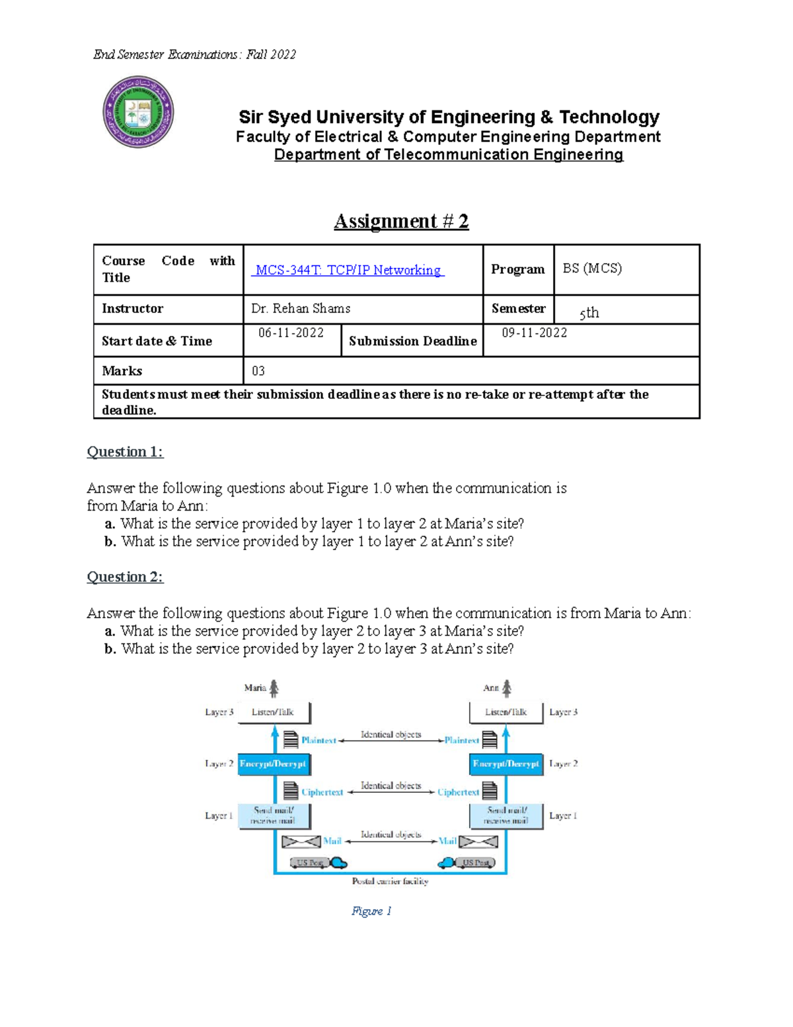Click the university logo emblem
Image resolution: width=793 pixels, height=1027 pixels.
click(x=138, y=112)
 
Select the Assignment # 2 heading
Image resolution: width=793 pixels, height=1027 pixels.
click(x=401, y=221)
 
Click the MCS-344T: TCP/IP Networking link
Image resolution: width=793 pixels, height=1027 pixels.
click(x=348, y=270)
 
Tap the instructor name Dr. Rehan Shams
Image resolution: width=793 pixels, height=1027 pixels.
click(x=301, y=308)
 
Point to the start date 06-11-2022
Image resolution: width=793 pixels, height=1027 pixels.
click(x=291, y=333)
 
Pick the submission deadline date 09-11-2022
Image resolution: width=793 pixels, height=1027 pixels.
click(x=534, y=333)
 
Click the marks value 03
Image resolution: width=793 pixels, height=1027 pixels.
click(x=258, y=371)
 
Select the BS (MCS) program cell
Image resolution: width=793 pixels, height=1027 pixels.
click(x=592, y=268)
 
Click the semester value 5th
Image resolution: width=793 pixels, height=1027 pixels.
click(x=589, y=313)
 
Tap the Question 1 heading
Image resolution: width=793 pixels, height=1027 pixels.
click(x=125, y=452)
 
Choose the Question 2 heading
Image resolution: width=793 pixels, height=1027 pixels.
click(x=125, y=577)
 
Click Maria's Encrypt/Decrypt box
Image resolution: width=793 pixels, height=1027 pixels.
click(x=273, y=764)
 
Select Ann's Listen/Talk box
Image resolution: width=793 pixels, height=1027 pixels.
click(x=506, y=712)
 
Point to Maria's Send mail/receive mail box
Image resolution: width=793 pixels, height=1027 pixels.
click(x=273, y=815)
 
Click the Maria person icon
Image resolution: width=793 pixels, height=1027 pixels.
click(x=274, y=688)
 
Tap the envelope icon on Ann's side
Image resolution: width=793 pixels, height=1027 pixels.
click(x=478, y=842)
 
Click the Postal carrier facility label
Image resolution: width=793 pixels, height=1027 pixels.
click(x=390, y=881)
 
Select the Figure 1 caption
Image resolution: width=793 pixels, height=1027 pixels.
click(x=371, y=911)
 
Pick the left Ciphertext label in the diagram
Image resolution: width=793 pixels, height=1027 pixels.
click(x=322, y=792)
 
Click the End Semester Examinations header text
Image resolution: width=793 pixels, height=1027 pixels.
click(x=194, y=55)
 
